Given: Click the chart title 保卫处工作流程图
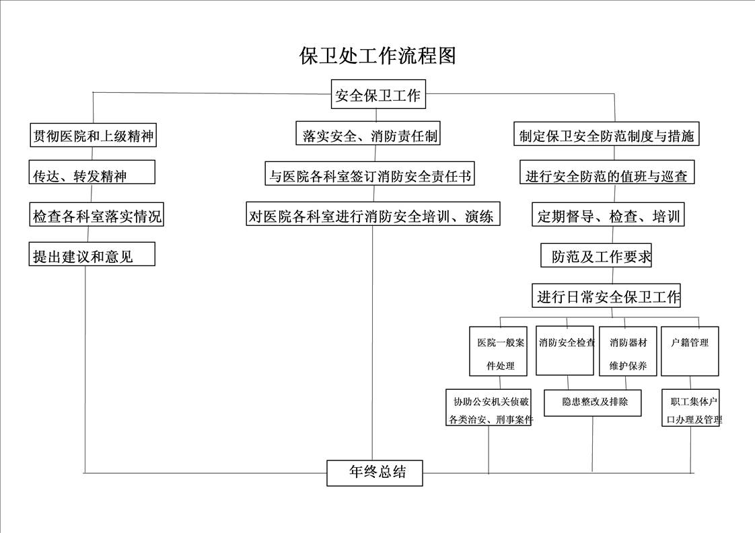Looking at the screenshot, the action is coord(377,56).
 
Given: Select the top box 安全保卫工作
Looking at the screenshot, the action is coord(378,94).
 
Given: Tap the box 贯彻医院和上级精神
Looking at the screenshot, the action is coord(93,134).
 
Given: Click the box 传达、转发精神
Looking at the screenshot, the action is coord(92,172).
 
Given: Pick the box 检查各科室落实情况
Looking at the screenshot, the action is coord(96,214).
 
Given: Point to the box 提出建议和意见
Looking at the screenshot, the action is coord(92,254).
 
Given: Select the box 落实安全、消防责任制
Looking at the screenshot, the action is coord(368,133).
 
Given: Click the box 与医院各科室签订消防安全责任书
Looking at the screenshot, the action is coord(370,173).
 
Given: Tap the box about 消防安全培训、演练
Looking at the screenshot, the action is coord(373,214).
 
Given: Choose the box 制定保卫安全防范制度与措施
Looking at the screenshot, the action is coord(606,134).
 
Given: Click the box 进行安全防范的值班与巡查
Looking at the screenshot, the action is coord(607,172).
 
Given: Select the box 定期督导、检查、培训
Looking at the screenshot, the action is coord(608,214).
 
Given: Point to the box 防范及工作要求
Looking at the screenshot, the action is coord(596,255).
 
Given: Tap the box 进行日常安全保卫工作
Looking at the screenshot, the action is coord(606,295).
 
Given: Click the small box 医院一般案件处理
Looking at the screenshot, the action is coord(499,352).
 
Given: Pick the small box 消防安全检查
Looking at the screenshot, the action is coord(565,351).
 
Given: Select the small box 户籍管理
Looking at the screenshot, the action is coord(690,352).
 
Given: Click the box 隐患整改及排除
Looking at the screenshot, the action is coord(593,403).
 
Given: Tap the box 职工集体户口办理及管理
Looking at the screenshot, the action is coord(690,408).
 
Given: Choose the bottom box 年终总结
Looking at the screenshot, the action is coord(375,473).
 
